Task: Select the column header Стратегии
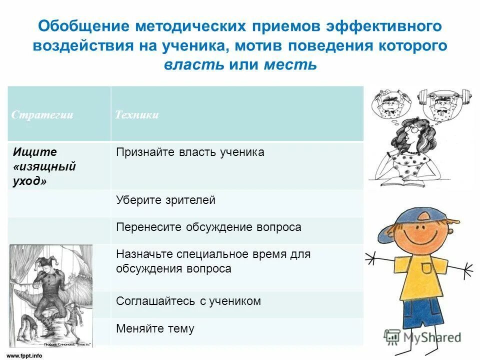[x=42, y=115]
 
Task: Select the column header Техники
[x=137, y=115]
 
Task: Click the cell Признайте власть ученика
[x=190, y=152]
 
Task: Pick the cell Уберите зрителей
[x=165, y=200]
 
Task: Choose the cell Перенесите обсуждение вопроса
[x=208, y=227]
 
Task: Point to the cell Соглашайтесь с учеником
[x=188, y=301]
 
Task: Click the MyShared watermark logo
[x=422, y=337]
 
